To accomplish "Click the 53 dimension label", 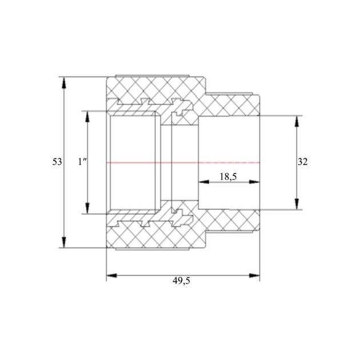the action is click(x=57, y=162).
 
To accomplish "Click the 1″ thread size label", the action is click(x=82, y=162).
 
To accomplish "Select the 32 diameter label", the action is click(x=302, y=162).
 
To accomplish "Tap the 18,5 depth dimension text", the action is click(x=228, y=177).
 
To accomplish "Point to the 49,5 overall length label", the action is click(x=181, y=281).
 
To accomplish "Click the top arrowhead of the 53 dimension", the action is click(x=64, y=83).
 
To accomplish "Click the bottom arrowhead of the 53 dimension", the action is click(x=64, y=242).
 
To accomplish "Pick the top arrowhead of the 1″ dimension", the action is click(x=87, y=117).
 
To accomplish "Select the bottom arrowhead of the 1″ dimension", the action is click(x=87, y=208).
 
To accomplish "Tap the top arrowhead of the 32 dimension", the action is click(x=297, y=121).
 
